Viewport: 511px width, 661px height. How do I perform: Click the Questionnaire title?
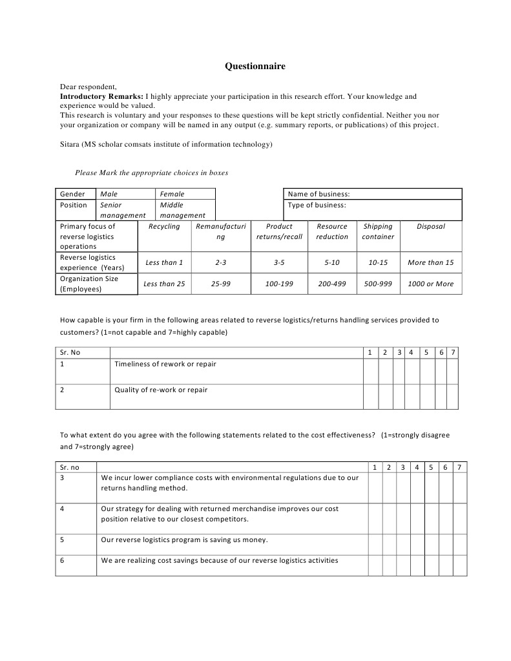click(x=255, y=66)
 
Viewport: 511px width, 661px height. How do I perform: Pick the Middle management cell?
click(x=182, y=210)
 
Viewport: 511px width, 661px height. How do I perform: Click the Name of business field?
click(x=373, y=194)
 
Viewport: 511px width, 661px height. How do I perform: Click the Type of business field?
click(x=373, y=210)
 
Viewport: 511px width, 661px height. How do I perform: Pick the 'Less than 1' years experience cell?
click(x=164, y=263)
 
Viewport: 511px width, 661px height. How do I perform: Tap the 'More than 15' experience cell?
click(x=430, y=263)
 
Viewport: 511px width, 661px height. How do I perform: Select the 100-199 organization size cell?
click(x=279, y=284)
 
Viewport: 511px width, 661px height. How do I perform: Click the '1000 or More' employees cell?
click(x=430, y=284)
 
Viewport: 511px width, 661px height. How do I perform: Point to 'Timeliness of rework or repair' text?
click(x=165, y=364)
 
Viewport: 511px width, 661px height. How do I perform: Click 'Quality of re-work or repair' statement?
click(x=161, y=390)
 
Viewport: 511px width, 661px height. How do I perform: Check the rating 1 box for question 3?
click(x=375, y=488)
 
